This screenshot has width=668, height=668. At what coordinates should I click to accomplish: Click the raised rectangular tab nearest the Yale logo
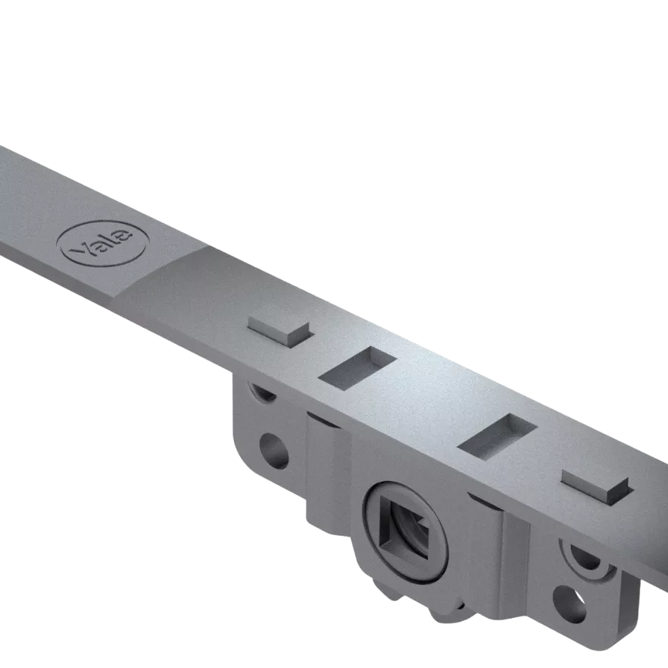(x=279, y=328)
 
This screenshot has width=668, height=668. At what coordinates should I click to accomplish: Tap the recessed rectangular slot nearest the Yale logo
(x=358, y=368)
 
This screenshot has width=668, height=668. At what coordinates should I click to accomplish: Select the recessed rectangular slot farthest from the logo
(x=496, y=436)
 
